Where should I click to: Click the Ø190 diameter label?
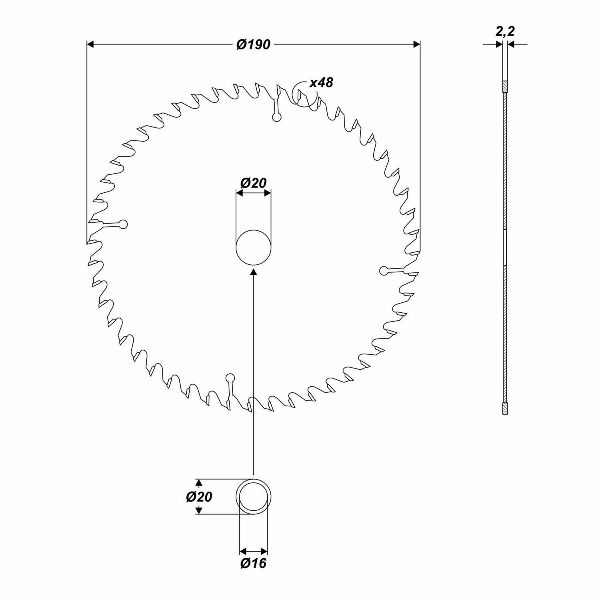pos(253,44)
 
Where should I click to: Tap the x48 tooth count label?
pos(321,83)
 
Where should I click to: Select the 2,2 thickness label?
pos(505,32)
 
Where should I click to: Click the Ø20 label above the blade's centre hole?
pos(253,183)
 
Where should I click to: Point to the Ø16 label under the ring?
pos(253,563)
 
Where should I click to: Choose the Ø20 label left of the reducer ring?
pos(199,497)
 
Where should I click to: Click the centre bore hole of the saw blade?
pos(253,247)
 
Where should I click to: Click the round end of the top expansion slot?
pos(276,117)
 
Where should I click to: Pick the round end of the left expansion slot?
pos(124,224)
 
